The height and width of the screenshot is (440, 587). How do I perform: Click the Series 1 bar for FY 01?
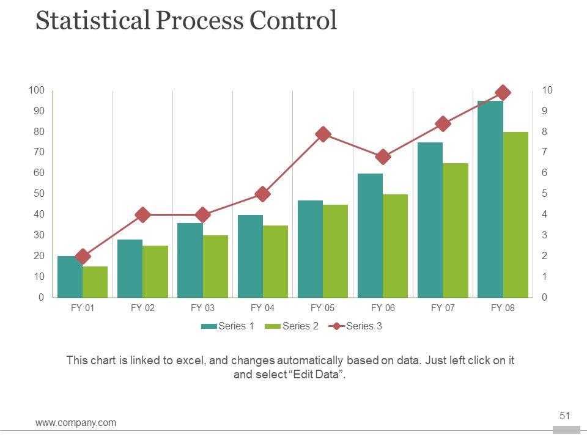tap(70, 277)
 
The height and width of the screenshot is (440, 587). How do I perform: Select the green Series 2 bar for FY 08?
tap(515, 215)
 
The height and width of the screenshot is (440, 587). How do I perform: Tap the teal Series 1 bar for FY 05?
tap(310, 249)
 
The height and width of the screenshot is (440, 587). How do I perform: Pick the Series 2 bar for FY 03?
tap(215, 266)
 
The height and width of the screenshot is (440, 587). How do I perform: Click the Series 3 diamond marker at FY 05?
tap(323, 134)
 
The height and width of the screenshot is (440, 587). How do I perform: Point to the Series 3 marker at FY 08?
tap(503, 93)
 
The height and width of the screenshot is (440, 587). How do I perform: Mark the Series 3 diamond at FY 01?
tap(83, 257)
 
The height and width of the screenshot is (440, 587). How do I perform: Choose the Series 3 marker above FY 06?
tap(383, 157)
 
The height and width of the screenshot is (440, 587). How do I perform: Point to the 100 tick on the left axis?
tap(36, 90)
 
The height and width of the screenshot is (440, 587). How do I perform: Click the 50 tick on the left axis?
tap(38, 194)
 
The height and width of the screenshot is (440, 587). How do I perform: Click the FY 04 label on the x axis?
tap(263, 308)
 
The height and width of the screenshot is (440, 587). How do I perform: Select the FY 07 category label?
tap(443, 308)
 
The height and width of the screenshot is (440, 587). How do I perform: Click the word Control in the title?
tap(293, 20)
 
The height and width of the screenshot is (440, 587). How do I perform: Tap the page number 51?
tap(564, 416)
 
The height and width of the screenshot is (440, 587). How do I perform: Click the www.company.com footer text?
tap(76, 423)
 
